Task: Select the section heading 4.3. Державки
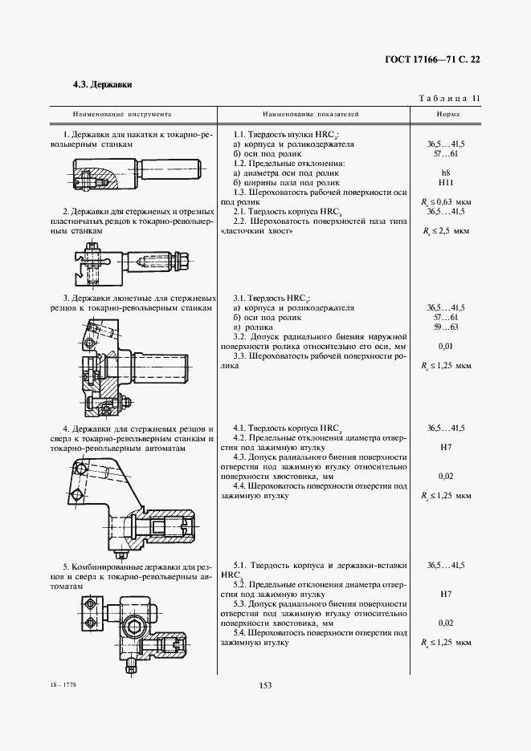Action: click(x=102, y=83)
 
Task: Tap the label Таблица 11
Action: click(x=449, y=99)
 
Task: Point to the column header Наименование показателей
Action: click(x=310, y=115)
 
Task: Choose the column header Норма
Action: click(x=446, y=115)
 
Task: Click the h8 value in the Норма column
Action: click(x=446, y=173)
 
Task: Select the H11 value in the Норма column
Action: click(x=446, y=183)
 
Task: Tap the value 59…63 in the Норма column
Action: click(x=446, y=327)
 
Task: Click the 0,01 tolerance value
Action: click(x=446, y=346)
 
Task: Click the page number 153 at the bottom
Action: click(x=266, y=684)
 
